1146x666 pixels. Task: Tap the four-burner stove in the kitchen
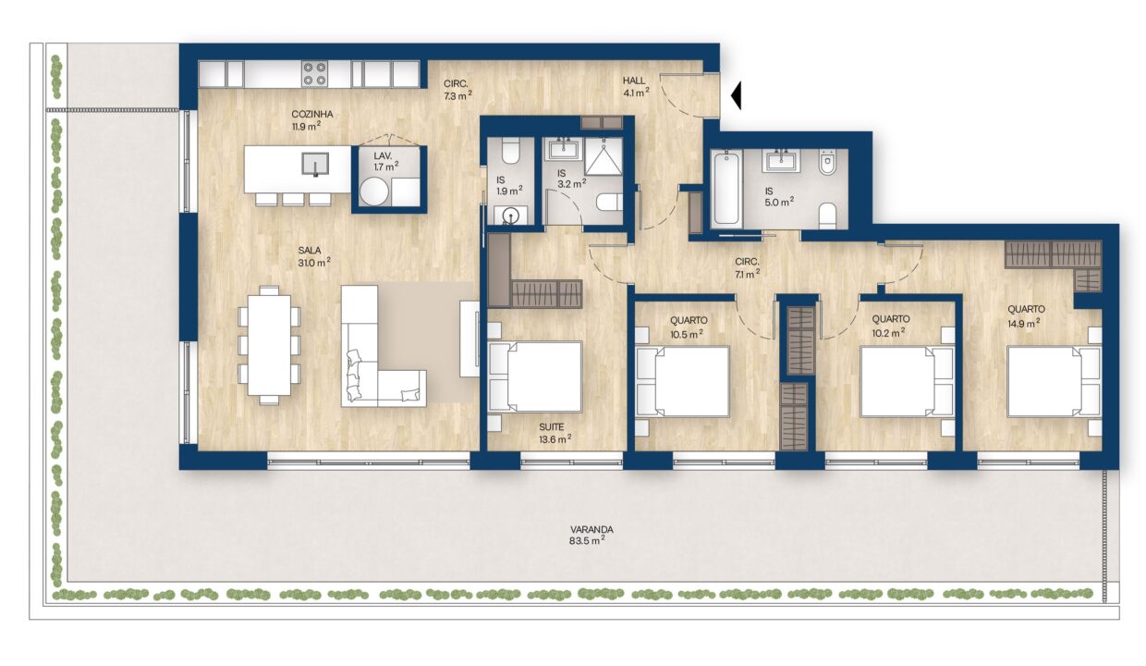[x=314, y=74]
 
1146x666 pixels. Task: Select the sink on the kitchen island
[x=315, y=164]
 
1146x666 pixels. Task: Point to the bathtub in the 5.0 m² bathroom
[x=726, y=188]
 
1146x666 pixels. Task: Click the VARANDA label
[x=591, y=529]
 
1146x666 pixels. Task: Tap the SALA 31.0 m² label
[x=314, y=256]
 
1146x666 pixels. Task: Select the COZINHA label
[x=312, y=114]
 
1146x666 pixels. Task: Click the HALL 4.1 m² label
[x=636, y=87]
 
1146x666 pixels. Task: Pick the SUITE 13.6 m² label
[x=555, y=433]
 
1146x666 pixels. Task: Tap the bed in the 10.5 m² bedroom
[x=682, y=381]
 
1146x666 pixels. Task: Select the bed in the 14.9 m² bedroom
[x=1054, y=382]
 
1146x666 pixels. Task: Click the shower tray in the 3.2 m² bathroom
[x=603, y=156]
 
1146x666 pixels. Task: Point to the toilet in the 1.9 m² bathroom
[x=510, y=150]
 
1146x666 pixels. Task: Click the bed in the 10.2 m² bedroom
[x=907, y=382]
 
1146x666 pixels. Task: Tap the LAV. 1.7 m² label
[x=385, y=161]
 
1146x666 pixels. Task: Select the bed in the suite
[x=535, y=376]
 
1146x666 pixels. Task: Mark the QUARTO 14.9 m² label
[x=1026, y=315]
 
